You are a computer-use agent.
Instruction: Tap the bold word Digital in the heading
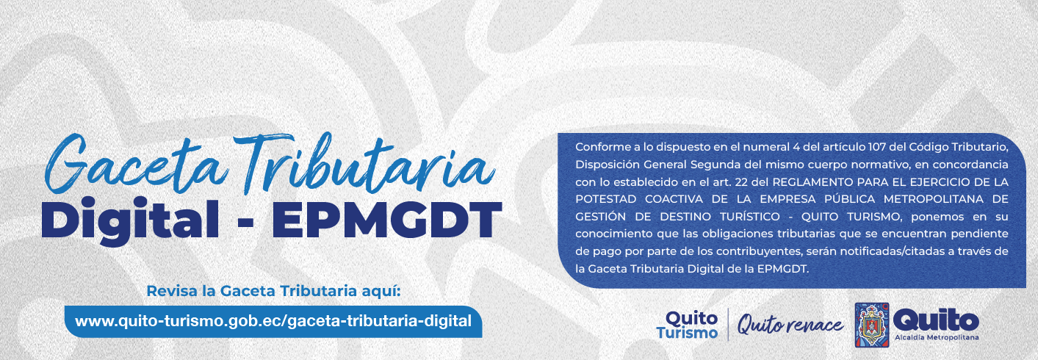coord(130,220)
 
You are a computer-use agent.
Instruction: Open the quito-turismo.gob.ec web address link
coord(273,320)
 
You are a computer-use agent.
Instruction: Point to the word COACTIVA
coord(674,199)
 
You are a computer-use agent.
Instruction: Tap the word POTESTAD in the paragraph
coord(605,199)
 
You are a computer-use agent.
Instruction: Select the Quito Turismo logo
coord(687,324)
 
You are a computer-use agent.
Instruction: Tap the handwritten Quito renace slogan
coord(790,325)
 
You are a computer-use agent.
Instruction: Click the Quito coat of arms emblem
coord(872,325)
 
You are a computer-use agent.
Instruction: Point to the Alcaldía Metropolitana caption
coord(937,337)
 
